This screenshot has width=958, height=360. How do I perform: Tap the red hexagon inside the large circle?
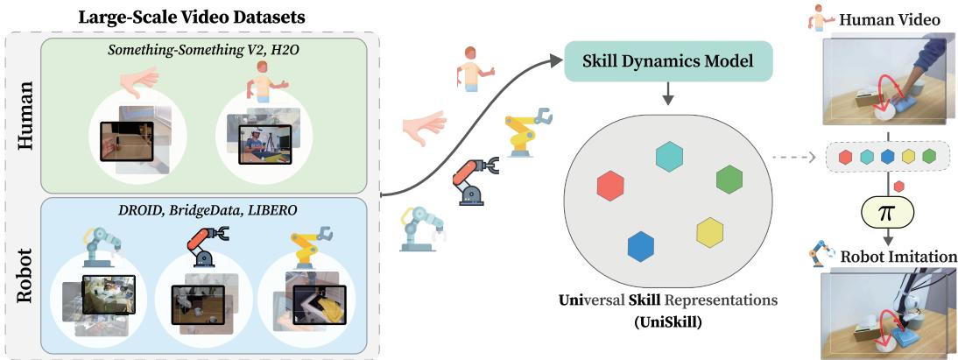coord(609,186)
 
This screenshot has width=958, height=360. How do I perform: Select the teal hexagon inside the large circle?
coord(669,155)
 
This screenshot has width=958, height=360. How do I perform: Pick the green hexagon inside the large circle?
coord(729,179)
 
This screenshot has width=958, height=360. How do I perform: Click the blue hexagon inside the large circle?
coord(641,246)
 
